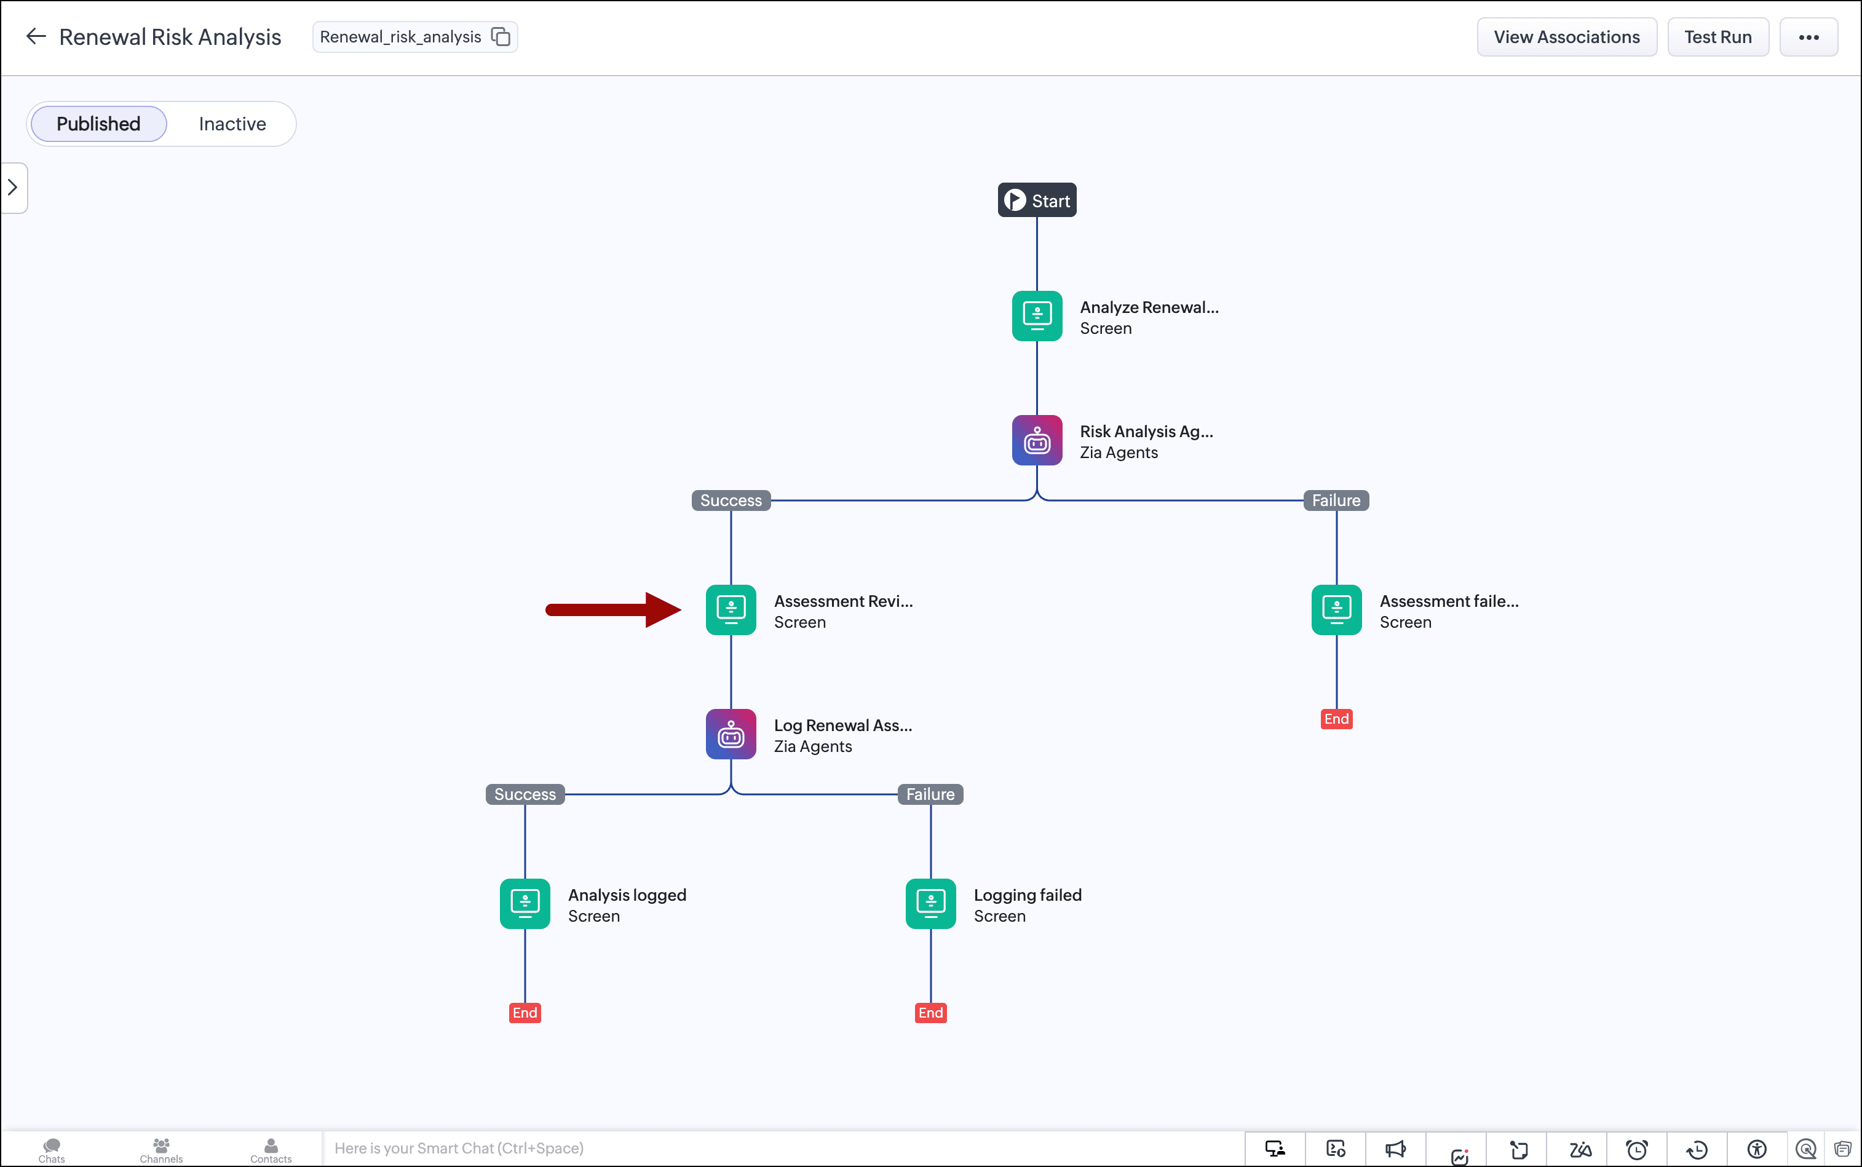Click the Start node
[1037, 200]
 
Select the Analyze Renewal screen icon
[1037, 315]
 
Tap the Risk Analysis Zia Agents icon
[1037, 440]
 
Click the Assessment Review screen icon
[731, 610]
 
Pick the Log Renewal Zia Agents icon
[731, 734]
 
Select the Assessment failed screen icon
[1336, 610]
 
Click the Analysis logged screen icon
[525, 904]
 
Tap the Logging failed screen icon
[930, 904]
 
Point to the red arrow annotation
[613, 610]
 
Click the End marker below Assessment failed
[1336, 719]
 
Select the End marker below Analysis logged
[525, 1013]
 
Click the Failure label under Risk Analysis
[1336, 500]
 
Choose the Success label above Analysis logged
[525, 794]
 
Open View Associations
[1566, 37]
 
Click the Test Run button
[1717, 37]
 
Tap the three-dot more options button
[1808, 37]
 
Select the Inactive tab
[232, 124]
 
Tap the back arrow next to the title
[36, 36]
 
